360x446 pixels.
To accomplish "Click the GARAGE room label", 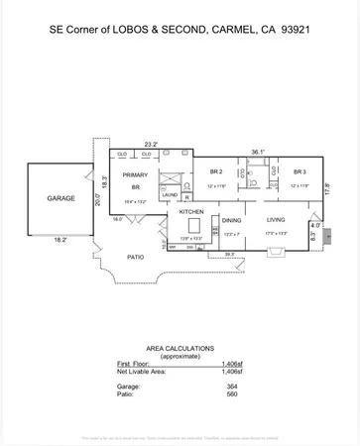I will [x=61, y=198].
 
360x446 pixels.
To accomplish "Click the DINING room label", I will [x=231, y=220].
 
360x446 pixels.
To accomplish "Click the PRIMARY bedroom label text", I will [x=135, y=175].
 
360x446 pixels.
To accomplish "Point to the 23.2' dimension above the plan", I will [x=151, y=144].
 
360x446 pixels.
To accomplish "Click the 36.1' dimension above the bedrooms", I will [x=257, y=152].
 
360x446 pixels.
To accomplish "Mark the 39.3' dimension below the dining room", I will [x=230, y=254].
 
